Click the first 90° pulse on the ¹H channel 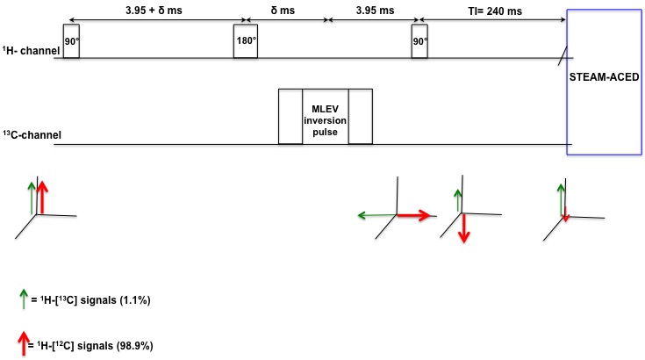(x=71, y=42)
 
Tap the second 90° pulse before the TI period (x=419, y=42)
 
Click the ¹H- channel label (x=31, y=51)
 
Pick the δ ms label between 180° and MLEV (x=287, y=11)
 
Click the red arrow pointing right (x=413, y=213)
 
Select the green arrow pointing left (x=376, y=213)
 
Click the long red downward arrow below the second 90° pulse (x=464, y=227)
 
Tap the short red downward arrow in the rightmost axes (x=566, y=214)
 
